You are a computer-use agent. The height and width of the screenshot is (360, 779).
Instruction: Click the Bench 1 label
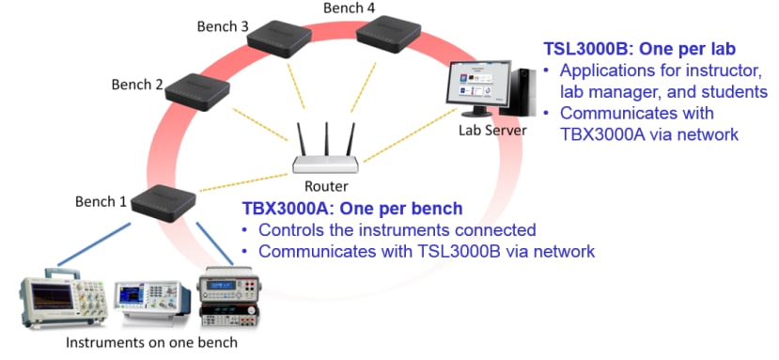[x=101, y=201]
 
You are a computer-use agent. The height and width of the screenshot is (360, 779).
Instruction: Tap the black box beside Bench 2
[x=197, y=92]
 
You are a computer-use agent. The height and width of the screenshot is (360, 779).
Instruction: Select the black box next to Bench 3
[x=279, y=39]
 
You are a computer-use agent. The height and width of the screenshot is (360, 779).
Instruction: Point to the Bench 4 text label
[x=350, y=8]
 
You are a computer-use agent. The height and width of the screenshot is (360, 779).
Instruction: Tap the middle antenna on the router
[x=326, y=139]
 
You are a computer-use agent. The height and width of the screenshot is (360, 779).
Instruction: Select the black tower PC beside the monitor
[x=517, y=92]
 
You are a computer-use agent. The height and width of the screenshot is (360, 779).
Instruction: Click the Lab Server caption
[x=492, y=131]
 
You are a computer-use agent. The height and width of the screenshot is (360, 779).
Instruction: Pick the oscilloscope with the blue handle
[x=64, y=297]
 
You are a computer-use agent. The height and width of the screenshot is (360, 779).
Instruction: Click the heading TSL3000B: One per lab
[x=640, y=49]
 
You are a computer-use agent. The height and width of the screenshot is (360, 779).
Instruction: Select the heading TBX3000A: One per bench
[x=352, y=209]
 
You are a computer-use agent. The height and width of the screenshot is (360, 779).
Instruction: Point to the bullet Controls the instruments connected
[x=397, y=230]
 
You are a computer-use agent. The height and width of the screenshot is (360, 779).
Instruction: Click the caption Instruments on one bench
[x=151, y=342]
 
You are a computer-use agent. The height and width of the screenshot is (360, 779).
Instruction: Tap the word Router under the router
[x=326, y=186]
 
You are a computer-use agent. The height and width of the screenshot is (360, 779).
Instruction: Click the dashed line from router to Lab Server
[x=411, y=135]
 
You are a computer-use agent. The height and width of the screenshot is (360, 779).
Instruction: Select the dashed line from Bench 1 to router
[x=243, y=182]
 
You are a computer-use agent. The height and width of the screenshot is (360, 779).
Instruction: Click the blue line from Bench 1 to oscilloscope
[x=94, y=244]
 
